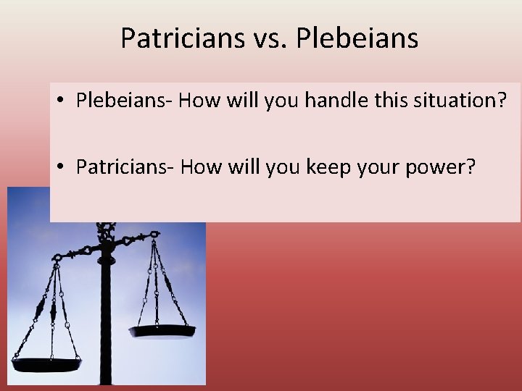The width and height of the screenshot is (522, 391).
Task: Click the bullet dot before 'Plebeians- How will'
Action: [x=63, y=101]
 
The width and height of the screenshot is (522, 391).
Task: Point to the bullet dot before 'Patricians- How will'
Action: [x=63, y=168]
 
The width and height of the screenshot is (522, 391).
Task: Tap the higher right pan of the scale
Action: [x=162, y=331]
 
